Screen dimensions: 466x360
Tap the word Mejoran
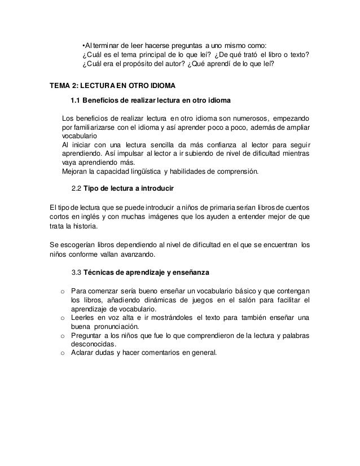point(74,172)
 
